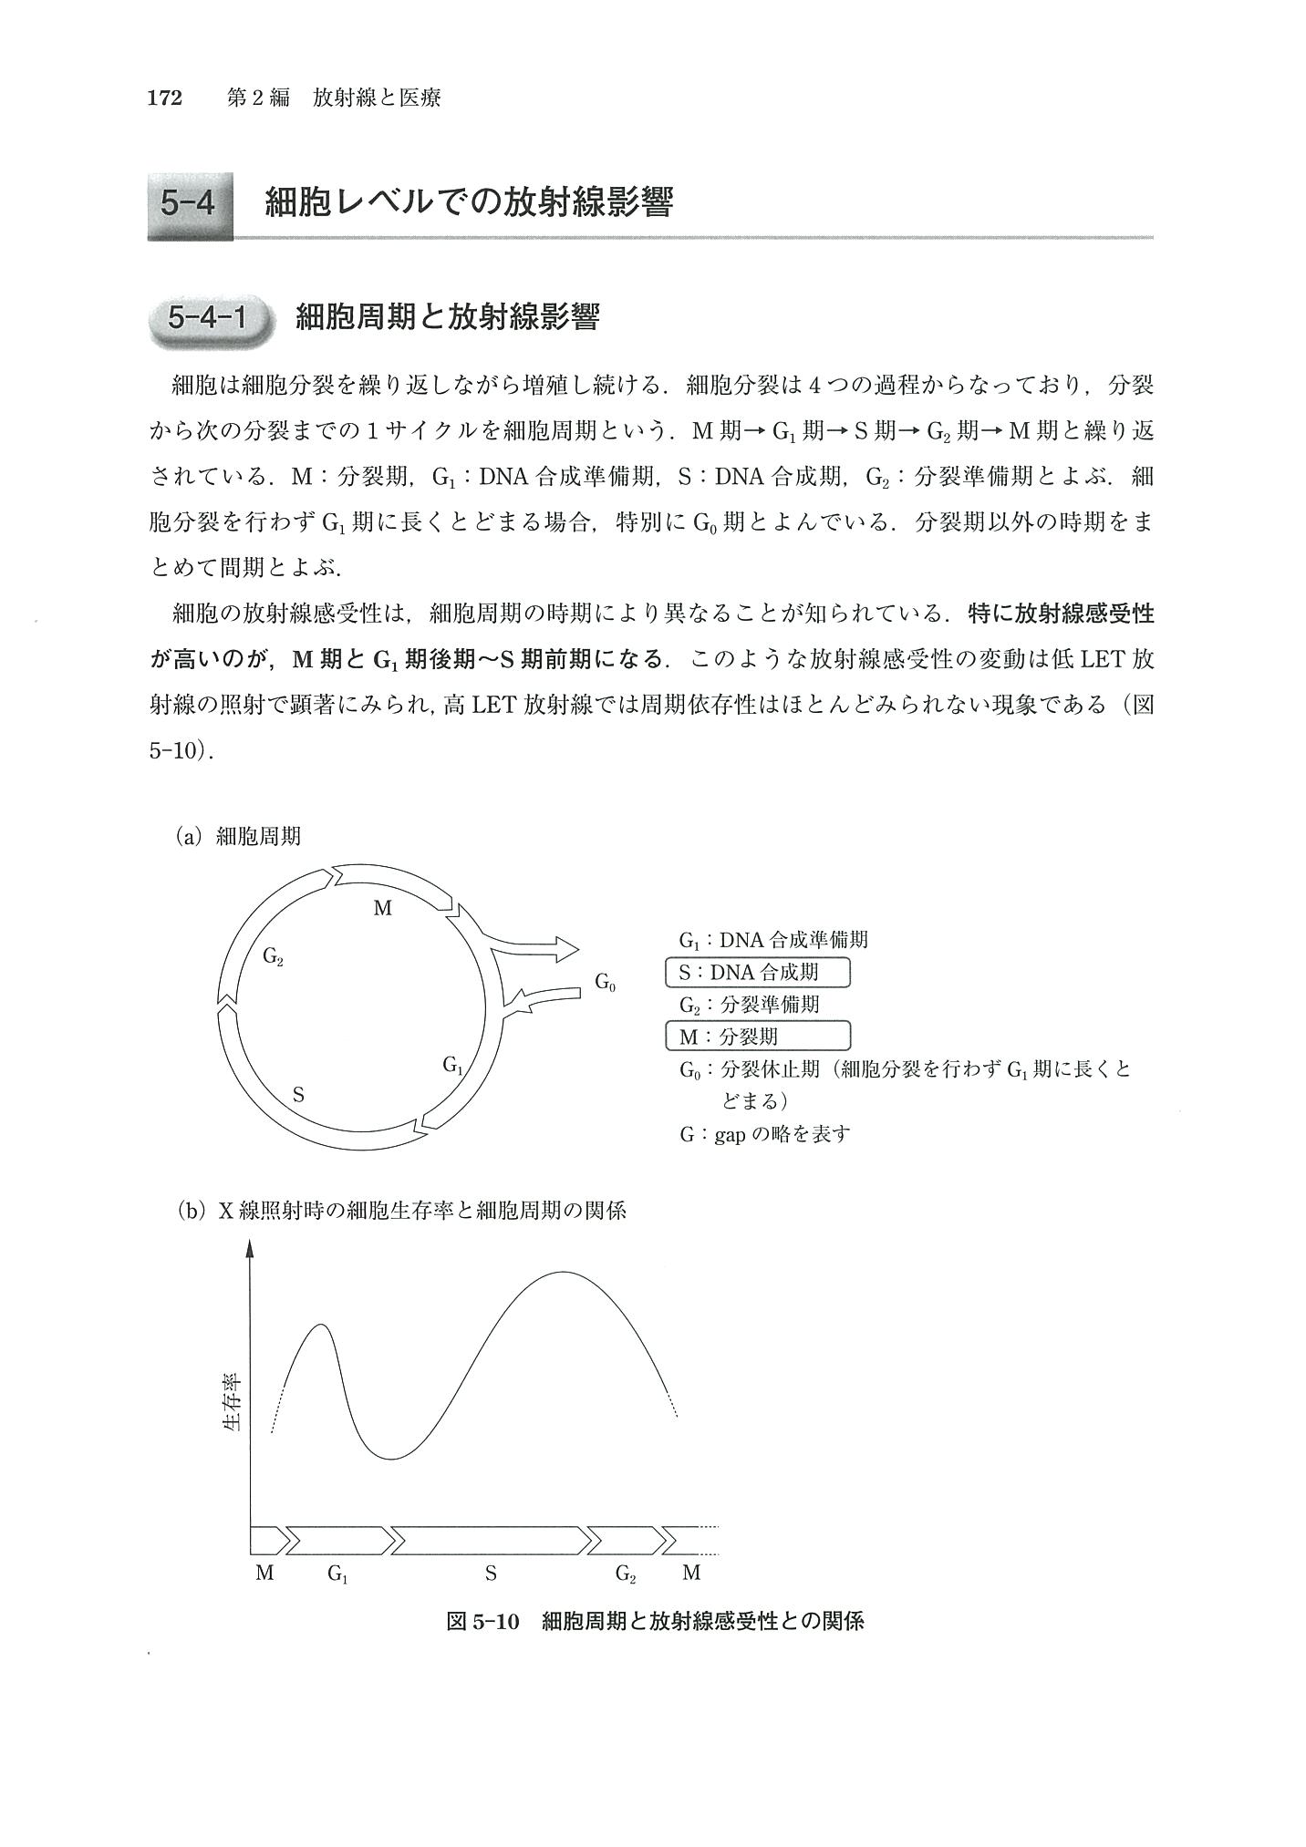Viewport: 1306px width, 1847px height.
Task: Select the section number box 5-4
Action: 189,202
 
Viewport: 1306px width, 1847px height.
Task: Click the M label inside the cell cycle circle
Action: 383,908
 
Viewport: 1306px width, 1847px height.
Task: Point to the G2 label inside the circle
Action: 273,956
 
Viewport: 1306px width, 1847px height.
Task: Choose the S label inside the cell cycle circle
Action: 298,1095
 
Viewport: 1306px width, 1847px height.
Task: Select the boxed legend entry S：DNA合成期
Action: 758,972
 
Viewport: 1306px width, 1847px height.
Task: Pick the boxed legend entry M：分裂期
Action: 758,1037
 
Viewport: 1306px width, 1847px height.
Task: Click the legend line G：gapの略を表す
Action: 764,1134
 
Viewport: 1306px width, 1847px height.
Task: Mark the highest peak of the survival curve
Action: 563,1272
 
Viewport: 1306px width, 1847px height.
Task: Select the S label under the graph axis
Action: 491,1573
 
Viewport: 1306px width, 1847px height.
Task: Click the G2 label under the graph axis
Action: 626,1574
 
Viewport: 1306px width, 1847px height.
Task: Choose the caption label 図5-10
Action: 482,1622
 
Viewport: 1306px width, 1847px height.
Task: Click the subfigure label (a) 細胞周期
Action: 238,836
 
